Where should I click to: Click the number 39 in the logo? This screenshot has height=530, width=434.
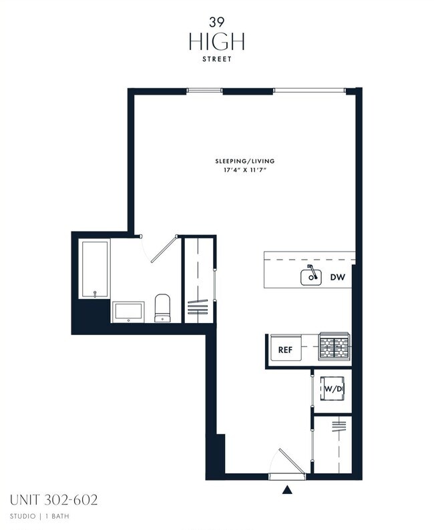click(x=216, y=22)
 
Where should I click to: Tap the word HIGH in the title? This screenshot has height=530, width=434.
click(x=216, y=42)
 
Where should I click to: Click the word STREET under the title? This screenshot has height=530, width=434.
click(x=216, y=59)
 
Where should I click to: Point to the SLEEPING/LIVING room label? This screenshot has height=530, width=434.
click(x=245, y=162)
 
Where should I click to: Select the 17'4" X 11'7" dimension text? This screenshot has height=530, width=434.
click(x=245, y=170)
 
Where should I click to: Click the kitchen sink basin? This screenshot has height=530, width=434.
click(x=311, y=278)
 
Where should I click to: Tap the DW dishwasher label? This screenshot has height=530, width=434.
click(x=338, y=278)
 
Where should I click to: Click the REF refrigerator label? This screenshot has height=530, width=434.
click(x=285, y=350)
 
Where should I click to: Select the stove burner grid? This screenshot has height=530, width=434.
click(x=335, y=346)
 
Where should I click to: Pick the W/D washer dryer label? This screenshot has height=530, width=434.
click(x=333, y=389)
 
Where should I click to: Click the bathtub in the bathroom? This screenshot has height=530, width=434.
click(x=94, y=269)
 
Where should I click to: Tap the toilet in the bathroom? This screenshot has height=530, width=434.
click(x=162, y=308)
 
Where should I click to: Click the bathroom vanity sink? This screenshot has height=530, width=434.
click(x=128, y=312)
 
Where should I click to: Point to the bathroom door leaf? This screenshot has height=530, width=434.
click(x=164, y=248)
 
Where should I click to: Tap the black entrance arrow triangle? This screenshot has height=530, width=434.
click(x=287, y=489)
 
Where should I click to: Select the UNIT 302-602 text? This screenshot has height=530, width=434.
click(x=53, y=500)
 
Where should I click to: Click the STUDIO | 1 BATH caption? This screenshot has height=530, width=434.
click(x=39, y=516)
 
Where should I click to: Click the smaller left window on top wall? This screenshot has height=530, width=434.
click(x=204, y=90)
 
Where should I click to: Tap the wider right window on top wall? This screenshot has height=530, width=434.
click(x=309, y=90)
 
